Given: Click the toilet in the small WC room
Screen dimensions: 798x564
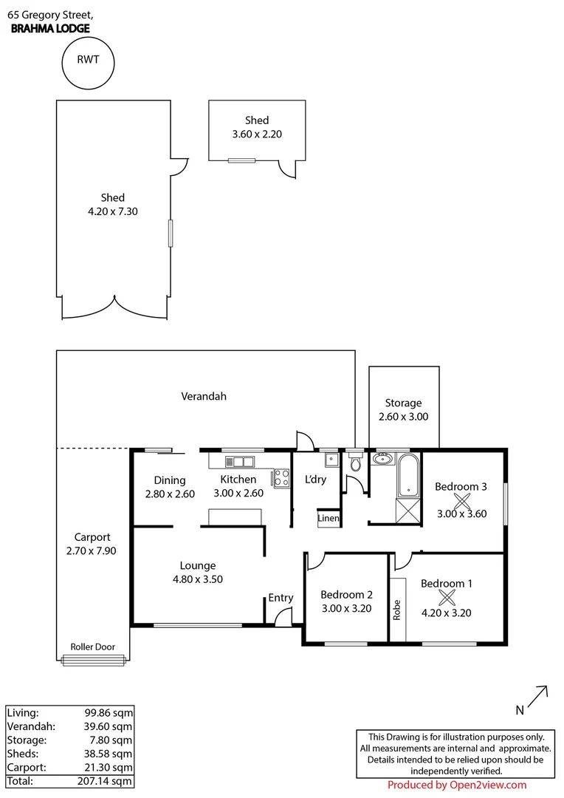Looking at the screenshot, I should [355, 463].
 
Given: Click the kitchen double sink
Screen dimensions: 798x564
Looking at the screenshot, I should [240, 463].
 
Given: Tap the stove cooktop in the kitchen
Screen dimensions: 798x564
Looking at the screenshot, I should [281, 478].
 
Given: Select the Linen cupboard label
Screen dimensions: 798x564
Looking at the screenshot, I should [329, 519].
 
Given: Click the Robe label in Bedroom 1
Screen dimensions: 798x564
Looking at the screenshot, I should [396, 609].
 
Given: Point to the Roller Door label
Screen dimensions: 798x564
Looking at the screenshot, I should [92, 647].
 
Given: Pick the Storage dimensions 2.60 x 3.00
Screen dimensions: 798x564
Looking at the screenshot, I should [403, 416].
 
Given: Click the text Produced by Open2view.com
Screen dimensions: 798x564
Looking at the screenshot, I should [457, 785].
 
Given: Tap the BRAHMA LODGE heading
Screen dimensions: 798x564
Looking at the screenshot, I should [51, 29].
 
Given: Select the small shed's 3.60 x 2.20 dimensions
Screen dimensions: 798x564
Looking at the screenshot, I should [257, 134].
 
